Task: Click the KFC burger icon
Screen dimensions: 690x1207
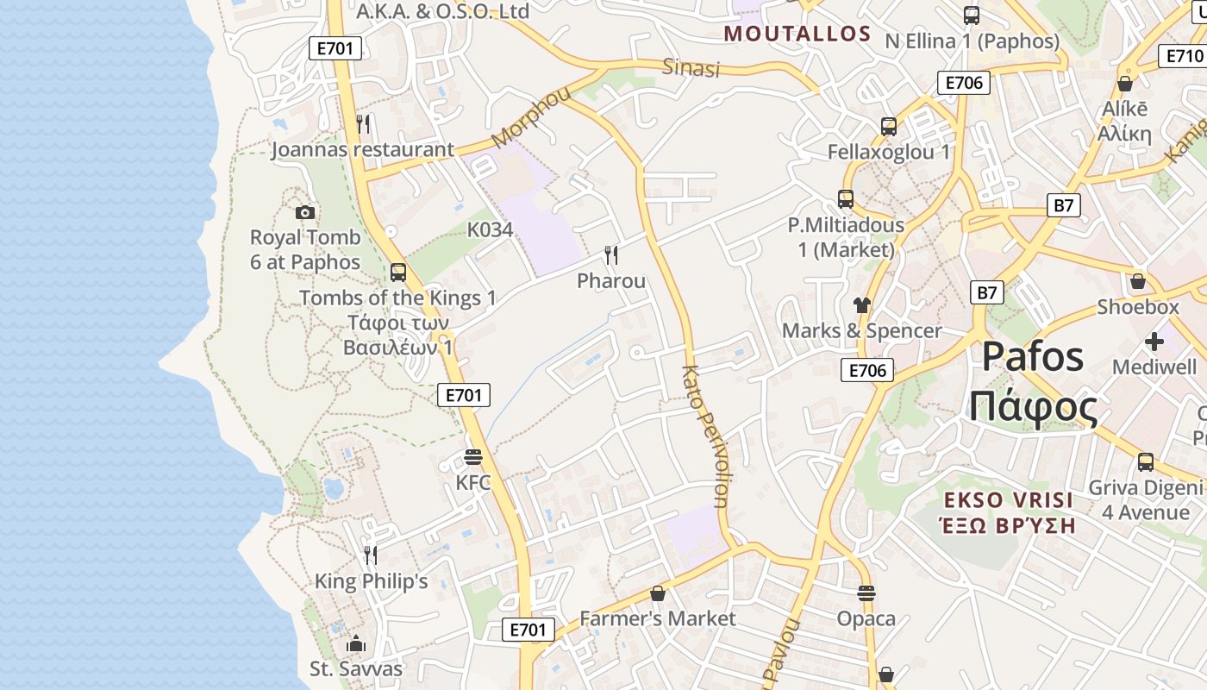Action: coord(472,456)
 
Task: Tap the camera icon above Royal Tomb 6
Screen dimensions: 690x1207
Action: coord(304,212)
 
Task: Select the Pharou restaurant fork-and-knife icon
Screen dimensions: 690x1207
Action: coord(611,254)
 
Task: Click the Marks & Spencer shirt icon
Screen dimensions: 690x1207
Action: coord(861,304)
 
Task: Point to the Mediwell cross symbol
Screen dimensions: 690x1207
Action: coord(1154,342)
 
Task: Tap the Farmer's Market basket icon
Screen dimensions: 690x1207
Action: coord(658,593)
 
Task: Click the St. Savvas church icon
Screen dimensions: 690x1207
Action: coord(355,643)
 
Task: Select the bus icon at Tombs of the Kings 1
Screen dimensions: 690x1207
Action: coord(397,273)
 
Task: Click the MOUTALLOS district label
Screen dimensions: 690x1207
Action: coord(797,34)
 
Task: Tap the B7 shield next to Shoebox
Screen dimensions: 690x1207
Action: coord(987,292)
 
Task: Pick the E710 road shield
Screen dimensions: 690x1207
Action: coord(1184,56)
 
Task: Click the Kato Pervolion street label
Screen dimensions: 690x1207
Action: coord(706,436)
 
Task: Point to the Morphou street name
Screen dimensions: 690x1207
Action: coord(531,116)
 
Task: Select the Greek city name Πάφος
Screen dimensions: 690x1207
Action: coord(1034,406)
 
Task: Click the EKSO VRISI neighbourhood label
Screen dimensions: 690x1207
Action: coord(1008,500)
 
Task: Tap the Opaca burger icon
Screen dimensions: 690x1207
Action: coord(866,593)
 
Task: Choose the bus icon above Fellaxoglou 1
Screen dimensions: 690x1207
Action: coord(889,127)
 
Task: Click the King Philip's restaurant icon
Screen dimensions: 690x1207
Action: coord(371,555)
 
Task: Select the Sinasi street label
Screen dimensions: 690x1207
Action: coord(691,67)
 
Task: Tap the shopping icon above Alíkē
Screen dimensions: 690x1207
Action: coord(1124,84)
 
